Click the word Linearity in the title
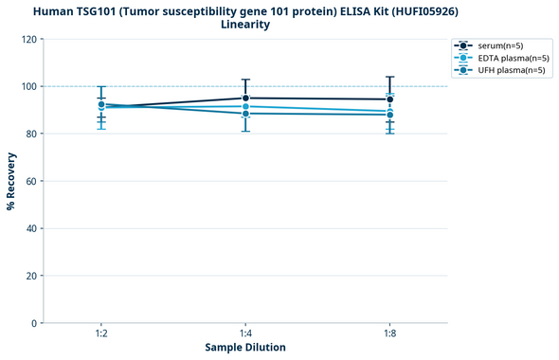click(245, 25)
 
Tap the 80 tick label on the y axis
click(31, 134)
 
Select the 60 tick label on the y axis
click(31, 181)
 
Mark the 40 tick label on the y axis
click(31, 228)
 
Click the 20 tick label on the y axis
click(31, 276)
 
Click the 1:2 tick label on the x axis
click(100, 334)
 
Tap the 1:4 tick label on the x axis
click(245, 334)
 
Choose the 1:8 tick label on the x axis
click(390, 334)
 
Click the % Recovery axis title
click(11, 181)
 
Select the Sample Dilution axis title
click(245, 348)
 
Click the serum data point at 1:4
click(245, 98)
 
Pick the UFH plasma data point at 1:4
click(245, 114)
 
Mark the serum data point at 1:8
click(390, 99)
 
